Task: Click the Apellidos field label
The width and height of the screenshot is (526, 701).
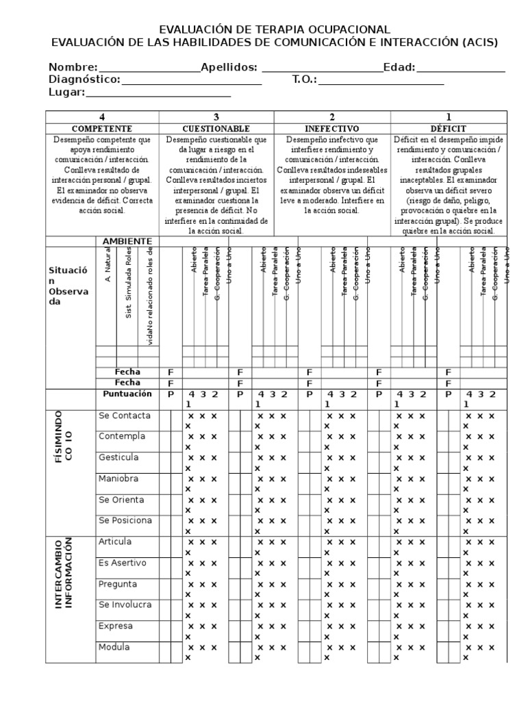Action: click(x=229, y=67)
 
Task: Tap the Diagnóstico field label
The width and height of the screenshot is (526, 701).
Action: click(x=84, y=79)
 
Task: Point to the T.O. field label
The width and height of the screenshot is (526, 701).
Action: click(x=305, y=79)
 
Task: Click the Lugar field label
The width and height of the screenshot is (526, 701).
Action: click(x=66, y=92)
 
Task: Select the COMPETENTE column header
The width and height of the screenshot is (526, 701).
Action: click(x=102, y=129)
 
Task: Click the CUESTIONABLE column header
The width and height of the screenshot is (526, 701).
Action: click(x=216, y=129)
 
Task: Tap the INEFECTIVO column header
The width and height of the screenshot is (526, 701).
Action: click(x=331, y=129)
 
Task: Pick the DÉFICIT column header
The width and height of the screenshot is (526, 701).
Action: click(x=448, y=129)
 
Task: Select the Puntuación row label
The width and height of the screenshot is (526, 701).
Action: click(x=127, y=394)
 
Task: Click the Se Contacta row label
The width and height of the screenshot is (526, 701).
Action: click(x=125, y=416)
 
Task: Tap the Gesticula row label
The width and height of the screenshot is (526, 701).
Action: click(x=118, y=457)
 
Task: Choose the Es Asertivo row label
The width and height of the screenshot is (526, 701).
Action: click(x=122, y=563)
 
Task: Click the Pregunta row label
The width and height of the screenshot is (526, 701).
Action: click(x=118, y=584)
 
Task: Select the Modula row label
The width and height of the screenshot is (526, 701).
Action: click(x=114, y=647)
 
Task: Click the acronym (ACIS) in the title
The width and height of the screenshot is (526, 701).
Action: click(x=479, y=42)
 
